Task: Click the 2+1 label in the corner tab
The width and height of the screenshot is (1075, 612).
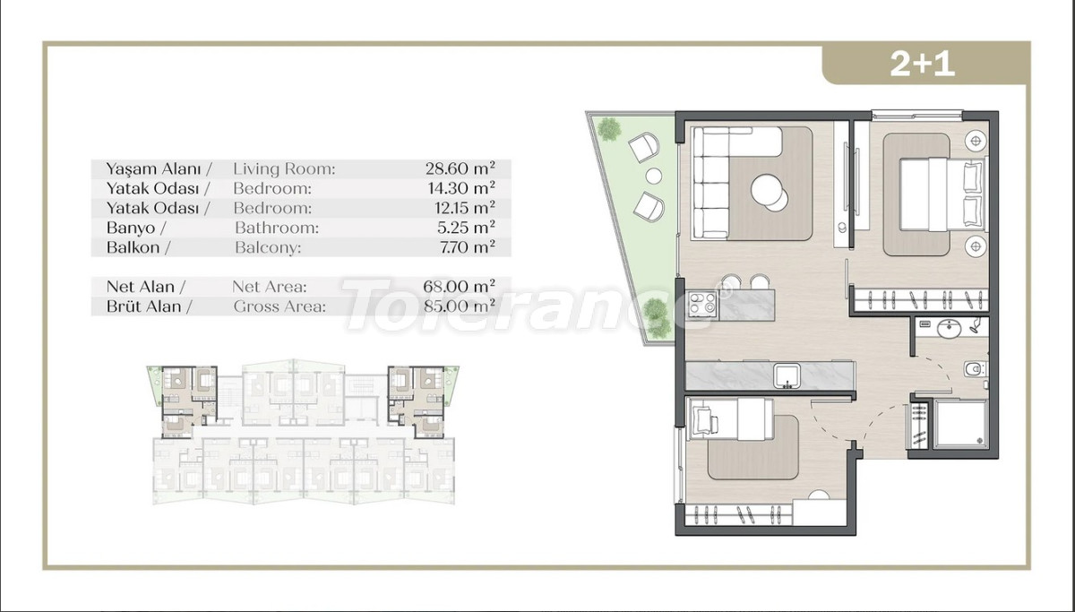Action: click(922, 64)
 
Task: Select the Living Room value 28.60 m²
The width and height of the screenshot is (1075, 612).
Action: click(460, 168)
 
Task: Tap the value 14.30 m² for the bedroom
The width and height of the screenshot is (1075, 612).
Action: click(461, 187)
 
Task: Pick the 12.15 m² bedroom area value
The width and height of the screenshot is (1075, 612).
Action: click(461, 207)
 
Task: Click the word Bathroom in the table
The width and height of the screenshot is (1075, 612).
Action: click(277, 228)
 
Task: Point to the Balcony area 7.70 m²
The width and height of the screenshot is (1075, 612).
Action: click(467, 246)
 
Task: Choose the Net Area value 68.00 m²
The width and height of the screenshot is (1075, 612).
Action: click(459, 286)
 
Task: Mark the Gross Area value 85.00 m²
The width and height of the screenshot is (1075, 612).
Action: click(460, 306)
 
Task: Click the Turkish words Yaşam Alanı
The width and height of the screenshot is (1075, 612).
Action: click(153, 169)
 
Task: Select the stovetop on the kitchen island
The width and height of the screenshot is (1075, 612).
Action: click(702, 305)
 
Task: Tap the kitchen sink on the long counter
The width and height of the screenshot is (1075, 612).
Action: click(787, 375)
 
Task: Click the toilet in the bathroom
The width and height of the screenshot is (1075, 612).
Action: click(975, 369)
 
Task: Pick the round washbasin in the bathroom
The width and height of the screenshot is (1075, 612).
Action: click(949, 329)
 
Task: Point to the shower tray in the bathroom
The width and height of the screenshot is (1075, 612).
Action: click(959, 424)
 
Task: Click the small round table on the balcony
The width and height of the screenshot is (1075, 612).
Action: click(654, 177)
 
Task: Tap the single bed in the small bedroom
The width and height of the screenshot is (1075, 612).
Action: click(730, 419)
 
